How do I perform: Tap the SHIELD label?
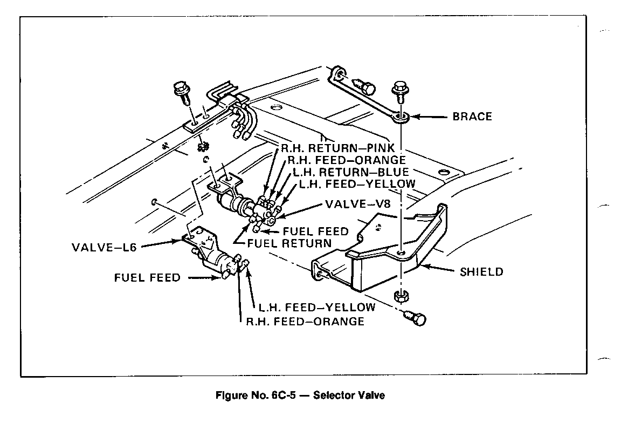(481, 271)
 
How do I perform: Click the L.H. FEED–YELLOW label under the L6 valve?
(316, 308)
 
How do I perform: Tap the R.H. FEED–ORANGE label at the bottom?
(305, 322)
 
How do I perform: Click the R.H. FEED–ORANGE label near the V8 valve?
(346, 160)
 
